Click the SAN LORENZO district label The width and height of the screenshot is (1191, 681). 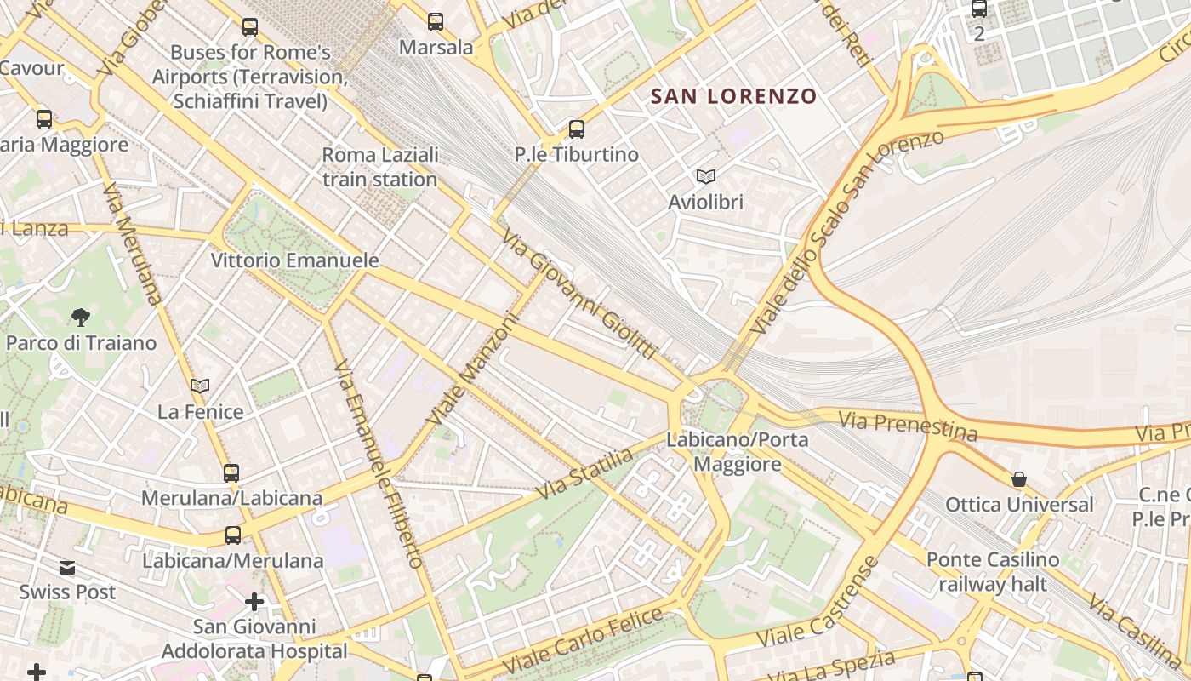tap(733, 96)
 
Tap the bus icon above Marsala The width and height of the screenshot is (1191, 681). tap(436, 22)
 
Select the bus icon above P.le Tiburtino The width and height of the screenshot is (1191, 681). tap(577, 129)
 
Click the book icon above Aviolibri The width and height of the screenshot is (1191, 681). tap(705, 176)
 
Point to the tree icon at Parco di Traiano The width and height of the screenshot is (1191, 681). tap(81, 318)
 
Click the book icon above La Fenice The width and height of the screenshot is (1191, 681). tap(200, 386)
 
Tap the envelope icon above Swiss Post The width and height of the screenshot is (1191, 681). tap(67, 568)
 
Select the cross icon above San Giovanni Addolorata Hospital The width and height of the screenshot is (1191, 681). tap(254, 603)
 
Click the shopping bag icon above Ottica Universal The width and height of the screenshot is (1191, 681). tap(1019, 480)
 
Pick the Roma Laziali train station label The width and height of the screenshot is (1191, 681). tap(380, 168)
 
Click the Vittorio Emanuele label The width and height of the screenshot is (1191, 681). tap(294, 260)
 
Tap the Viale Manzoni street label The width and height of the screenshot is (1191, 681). tap(472, 371)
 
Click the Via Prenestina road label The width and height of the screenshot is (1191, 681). tap(908, 426)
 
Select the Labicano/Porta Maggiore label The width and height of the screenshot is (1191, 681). tap(737, 452)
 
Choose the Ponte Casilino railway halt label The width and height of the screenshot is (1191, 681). tap(993, 572)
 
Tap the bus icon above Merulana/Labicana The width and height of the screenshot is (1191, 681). tap(231, 473)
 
